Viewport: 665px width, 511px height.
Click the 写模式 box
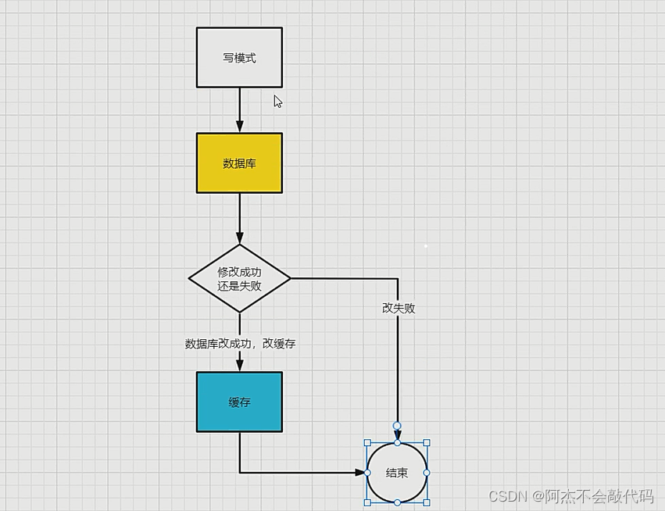pyautogui.click(x=239, y=58)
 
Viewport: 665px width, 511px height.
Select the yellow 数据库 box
pyautogui.click(x=239, y=163)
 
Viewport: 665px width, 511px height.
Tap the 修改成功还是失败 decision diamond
pyautogui.click(x=239, y=278)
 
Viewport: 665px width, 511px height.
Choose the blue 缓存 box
pyautogui.click(x=239, y=402)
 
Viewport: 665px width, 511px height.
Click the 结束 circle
pyautogui.click(x=397, y=473)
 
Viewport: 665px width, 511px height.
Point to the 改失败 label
pyautogui.click(x=399, y=308)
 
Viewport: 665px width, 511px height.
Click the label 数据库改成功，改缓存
pyautogui.click(x=240, y=343)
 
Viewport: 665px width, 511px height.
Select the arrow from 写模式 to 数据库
pyautogui.click(x=240, y=109)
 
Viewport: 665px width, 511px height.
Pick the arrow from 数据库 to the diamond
pyautogui.click(x=240, y=218)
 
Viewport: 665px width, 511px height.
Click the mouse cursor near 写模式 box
pyautogui.click(x=277, y=101)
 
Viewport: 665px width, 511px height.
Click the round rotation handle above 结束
pyautogui.click(x=397, y=426)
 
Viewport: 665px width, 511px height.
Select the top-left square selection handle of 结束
pyautogui.click(x=367, y=443)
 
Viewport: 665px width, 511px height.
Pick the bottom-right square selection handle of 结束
pyautogui.click(x=427, y=502)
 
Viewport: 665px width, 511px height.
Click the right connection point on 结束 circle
pyautogui.click(x=427, y=473)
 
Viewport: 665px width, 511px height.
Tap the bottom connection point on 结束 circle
pyautogui.click(x=397, y=502)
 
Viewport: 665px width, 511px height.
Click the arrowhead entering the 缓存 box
pyautogui.click(x=240, y=366)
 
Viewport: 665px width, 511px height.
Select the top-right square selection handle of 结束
pyautogui.click(x=427, y=443)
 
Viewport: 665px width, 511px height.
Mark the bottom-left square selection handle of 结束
pyautogui.click(x=367, y=502)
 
